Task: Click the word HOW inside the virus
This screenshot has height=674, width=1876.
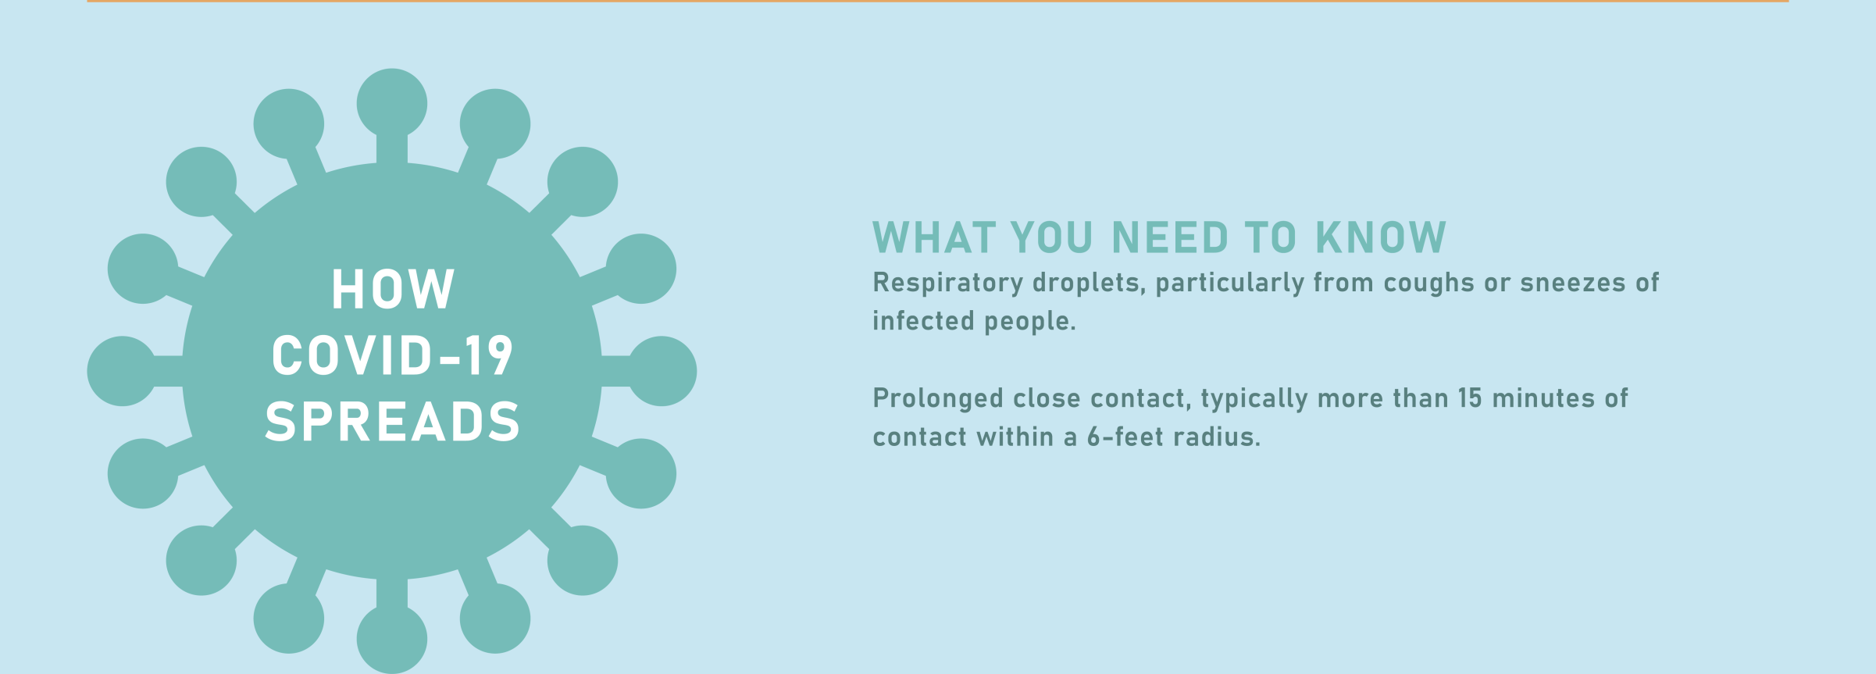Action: coord(393,290)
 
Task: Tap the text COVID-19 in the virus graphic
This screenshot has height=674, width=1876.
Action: coord(392,355)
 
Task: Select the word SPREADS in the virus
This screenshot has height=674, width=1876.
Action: coord(392,422)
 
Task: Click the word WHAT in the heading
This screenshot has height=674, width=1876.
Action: coord(934,237)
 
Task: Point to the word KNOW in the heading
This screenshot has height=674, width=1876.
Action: coord(1381,237)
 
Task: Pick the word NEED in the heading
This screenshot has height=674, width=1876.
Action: coord(1170,237)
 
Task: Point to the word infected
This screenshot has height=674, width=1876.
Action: coord(923,320)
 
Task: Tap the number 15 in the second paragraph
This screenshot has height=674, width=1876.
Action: coord(1469,398)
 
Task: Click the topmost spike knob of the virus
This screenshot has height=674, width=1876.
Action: coord(392,103)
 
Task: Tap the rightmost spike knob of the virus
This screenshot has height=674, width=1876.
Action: coord(662,371)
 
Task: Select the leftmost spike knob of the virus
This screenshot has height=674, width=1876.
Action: coord(123,371)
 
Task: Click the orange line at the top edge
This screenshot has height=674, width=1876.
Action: coord(937,1)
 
